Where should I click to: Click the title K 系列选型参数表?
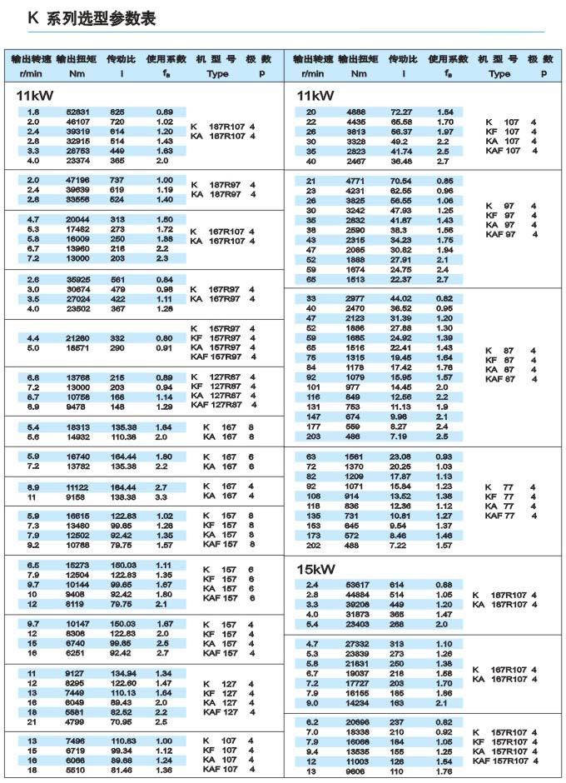coord(92,18)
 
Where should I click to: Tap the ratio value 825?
coord(117,112)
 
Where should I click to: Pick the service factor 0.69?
coord(164,112)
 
